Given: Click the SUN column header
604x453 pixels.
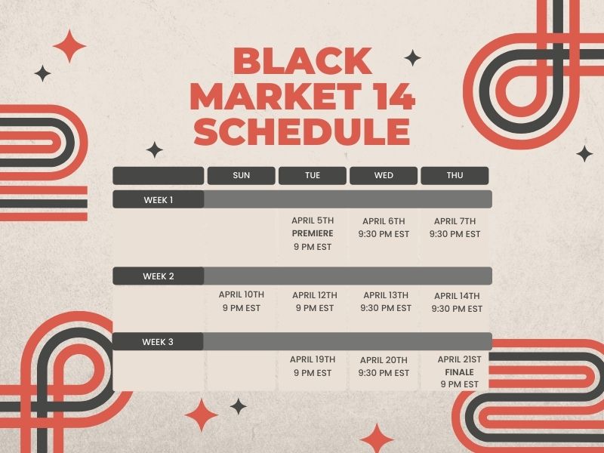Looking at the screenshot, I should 242,175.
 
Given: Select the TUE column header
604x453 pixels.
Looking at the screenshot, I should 313,175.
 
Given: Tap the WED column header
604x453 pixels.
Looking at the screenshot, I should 384,175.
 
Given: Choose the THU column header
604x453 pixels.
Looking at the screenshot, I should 455,175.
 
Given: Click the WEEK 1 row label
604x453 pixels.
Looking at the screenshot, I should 159,200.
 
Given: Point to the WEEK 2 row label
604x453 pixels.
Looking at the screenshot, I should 159,276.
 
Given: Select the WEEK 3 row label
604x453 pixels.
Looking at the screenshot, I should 158,342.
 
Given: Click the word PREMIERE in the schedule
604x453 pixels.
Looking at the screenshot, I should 313,233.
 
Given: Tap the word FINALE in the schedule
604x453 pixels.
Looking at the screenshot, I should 460,372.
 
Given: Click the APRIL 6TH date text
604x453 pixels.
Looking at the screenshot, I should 384,221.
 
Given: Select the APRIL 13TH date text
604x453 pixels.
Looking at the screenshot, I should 386,295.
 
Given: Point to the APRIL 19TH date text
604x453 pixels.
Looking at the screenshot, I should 313,359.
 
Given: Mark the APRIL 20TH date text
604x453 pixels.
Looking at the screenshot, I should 384,360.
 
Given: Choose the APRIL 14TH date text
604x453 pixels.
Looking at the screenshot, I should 457,296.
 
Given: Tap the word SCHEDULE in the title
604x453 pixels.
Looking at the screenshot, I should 302,131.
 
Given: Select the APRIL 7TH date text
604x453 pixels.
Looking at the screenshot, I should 455,221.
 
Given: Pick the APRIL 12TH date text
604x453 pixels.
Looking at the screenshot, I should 315,295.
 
